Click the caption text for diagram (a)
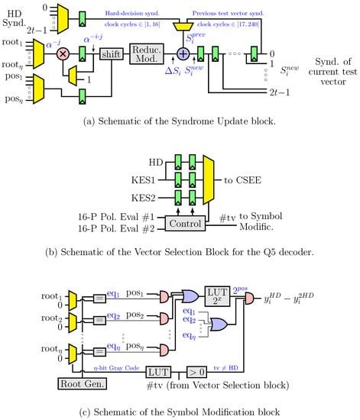pyautogui.click(x=180, y=127)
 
